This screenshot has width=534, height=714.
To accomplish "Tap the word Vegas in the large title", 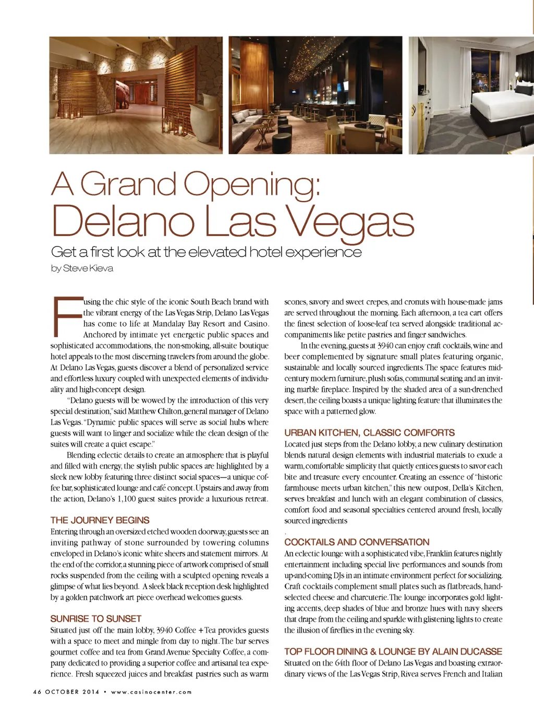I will tap(350, 221).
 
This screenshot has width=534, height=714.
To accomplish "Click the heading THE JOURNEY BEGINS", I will tap(100, 520).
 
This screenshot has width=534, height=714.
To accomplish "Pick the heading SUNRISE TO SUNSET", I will tap(96, 619).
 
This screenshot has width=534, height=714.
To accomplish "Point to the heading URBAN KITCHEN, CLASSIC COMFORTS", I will tap(369, 433).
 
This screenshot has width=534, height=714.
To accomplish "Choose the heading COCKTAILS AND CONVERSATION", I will tap(357, 542).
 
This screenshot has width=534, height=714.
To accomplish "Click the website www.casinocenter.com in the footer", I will tap(151, 692).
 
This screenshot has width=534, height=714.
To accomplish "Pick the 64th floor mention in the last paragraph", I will tap(342, 663).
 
